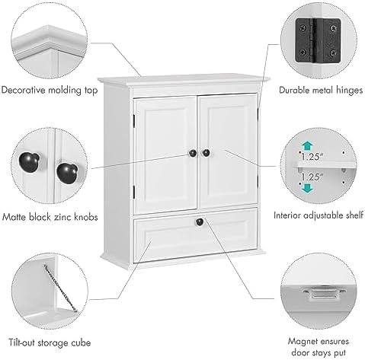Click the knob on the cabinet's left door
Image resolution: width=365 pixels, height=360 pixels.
pyautogui.click(x=193, y=153)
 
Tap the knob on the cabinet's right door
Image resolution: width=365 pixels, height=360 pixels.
pyautogui.click(x=206, y=153)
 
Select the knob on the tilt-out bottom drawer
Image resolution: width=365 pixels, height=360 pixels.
pyautogui.click(x=200, y=221)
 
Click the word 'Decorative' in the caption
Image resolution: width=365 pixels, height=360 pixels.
pyautogui.click(x=24, y=90)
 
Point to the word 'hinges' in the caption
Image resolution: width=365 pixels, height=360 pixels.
pyautogui.click(x=349, y=90)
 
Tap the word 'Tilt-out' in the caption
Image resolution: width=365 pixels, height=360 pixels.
pyautogui.click(x=21, y=342)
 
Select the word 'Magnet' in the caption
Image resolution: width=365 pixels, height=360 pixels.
pyautogui.click(x=303, y=341)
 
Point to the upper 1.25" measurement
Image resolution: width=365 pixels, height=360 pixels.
pyautogui.click(x=312, y=156)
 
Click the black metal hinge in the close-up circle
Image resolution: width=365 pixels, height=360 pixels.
pyautogui.click(x=318, y=40)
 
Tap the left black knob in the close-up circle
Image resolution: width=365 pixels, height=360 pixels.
pyautogui.click(x=29, y=162)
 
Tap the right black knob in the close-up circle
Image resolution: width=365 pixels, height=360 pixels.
pyautogui.click(x=67, y=173)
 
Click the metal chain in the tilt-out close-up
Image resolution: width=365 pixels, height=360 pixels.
pyautogui.click(x=60, y=288)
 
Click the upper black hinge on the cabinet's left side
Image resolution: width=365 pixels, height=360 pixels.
pyautogui.click(x=133, y=120)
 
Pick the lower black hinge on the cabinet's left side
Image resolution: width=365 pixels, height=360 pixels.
pyautogui.click(x=133, y=192)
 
